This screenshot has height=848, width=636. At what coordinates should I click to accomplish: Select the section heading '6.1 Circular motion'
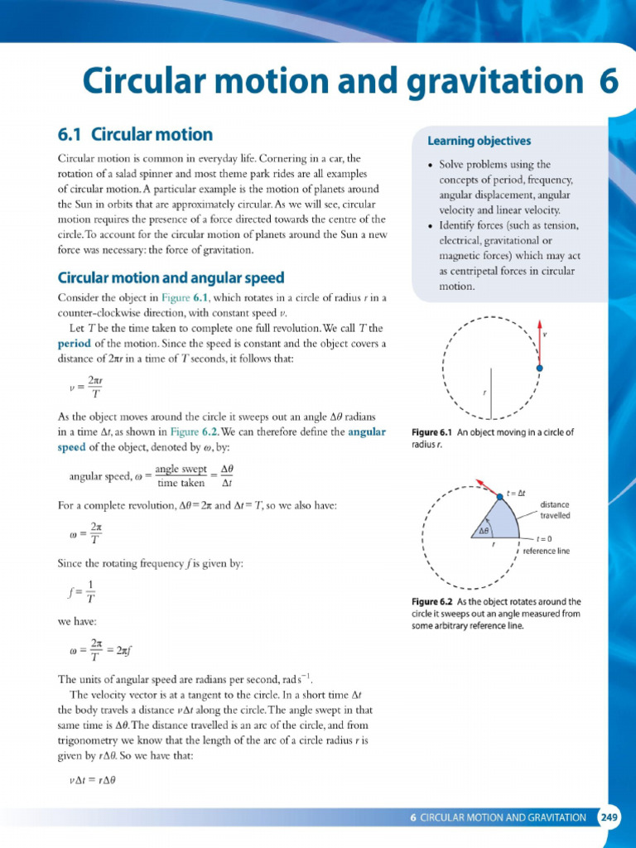click(x=135, y=134)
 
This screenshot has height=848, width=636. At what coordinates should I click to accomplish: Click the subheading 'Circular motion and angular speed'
click(x=170, y=277)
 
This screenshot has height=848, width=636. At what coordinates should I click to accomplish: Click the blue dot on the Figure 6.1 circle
click(x=539, y=368)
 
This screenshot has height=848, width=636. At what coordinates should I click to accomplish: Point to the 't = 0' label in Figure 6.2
click(x=544, y=537)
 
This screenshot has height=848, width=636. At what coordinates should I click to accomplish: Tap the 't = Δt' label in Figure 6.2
click(x=517, y=492)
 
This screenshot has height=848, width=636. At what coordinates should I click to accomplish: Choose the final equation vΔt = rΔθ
click(x=93, y=779)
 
